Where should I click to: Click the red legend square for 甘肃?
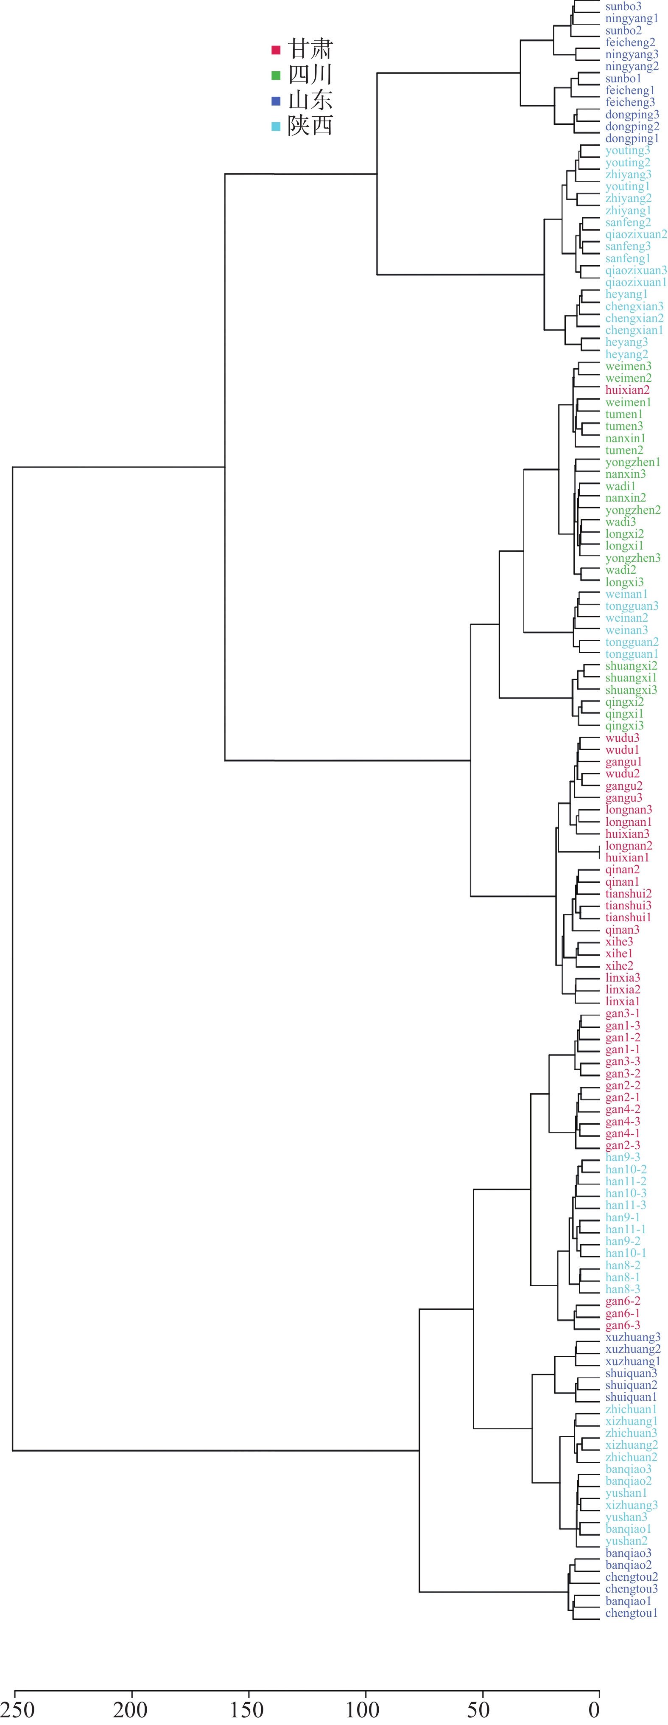(x=276, y=50)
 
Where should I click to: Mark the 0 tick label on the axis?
(x=594, y=1710)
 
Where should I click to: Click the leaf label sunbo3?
(x=623, y=7)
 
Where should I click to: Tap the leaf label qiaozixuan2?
(x=636, y=234)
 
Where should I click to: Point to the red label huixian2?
(x=627, y=390)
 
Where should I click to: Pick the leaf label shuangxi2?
(x=631, y=666)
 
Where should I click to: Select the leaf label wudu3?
(x=622, y=738)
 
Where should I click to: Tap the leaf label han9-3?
(x=623, y=1158)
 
